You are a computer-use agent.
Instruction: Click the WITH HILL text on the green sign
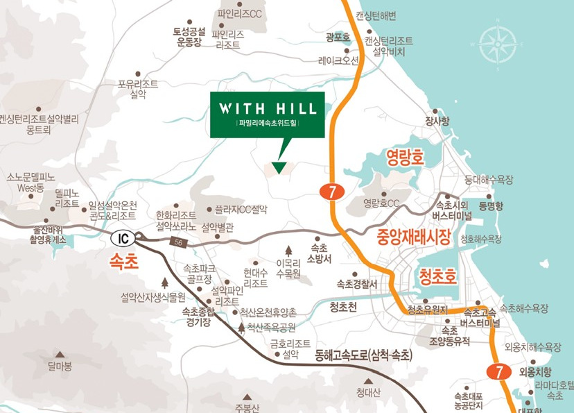268,109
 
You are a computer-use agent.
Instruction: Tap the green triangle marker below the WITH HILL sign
279,167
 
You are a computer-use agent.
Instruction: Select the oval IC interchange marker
123,239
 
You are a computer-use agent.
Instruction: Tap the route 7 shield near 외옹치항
496,371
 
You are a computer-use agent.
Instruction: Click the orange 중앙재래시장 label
413,238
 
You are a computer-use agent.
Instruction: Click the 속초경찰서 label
356,284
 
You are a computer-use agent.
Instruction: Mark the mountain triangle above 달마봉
60,354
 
